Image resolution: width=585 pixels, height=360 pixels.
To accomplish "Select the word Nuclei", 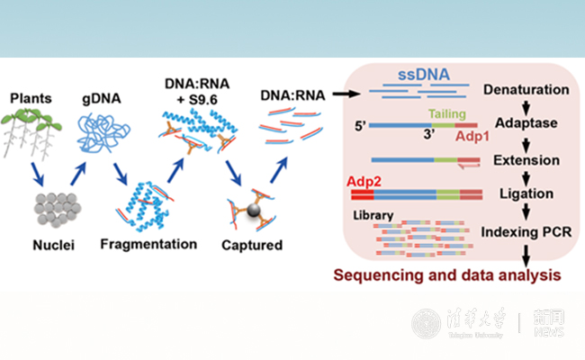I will [x=35, y=244].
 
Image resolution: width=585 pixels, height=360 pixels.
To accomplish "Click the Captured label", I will [x=252, y=244].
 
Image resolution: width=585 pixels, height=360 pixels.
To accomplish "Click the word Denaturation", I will [x=526, y=91].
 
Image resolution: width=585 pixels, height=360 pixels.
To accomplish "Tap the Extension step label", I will [x=522, y=161].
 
